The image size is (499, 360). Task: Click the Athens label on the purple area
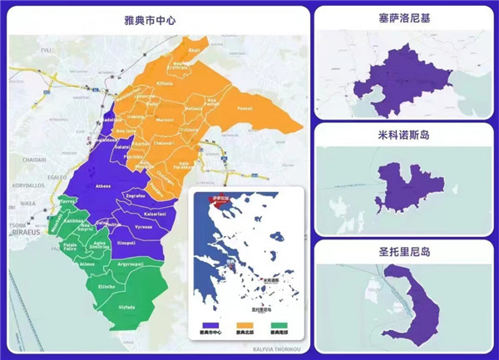click(104, 186)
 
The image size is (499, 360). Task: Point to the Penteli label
click(245, 108)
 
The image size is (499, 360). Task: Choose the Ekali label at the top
click(194, 50)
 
